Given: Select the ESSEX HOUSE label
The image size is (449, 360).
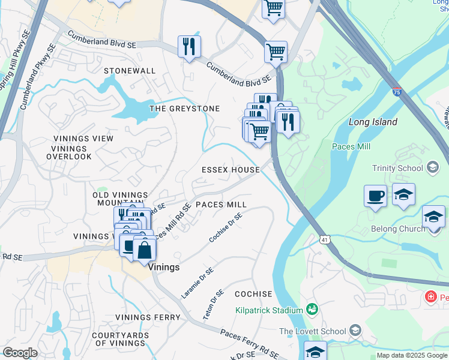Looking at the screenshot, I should (231, 170).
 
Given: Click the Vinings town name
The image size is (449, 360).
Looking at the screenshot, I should (164, 267).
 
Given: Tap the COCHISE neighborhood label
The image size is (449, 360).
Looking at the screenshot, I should (253, 294).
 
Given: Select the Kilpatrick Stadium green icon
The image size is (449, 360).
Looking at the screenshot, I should (312, 310).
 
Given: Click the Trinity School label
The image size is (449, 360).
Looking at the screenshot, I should (397, 169).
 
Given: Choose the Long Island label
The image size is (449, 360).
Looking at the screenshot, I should (373, 122).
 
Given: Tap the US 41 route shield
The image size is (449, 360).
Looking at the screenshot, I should (324, 239).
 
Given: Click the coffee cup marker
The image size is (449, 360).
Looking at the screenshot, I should (376, 196).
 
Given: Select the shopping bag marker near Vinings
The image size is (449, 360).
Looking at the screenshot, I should (145, 248).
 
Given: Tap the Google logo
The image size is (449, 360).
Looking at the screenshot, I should (20, 353).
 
